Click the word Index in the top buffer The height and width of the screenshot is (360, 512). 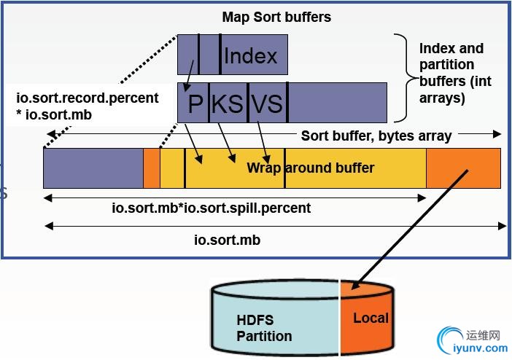pos(250,55)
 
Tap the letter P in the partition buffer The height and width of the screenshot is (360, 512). pos(195,103)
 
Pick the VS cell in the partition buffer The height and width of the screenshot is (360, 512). pos(266,103)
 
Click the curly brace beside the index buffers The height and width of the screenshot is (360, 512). pos(403,77)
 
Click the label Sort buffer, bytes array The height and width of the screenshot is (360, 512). pos(376,136)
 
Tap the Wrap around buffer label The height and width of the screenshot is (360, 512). pos(310,168)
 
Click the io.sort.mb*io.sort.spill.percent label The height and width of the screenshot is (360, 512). pos(211,208)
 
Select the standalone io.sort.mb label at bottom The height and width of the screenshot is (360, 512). pos(227,240)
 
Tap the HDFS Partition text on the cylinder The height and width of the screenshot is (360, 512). pos(264,328)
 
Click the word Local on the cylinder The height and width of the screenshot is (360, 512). pos(371,318)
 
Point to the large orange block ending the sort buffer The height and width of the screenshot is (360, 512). pos(463,168)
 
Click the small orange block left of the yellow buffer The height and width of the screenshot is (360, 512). pos(151,168)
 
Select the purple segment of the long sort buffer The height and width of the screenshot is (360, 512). pos(93,168)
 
